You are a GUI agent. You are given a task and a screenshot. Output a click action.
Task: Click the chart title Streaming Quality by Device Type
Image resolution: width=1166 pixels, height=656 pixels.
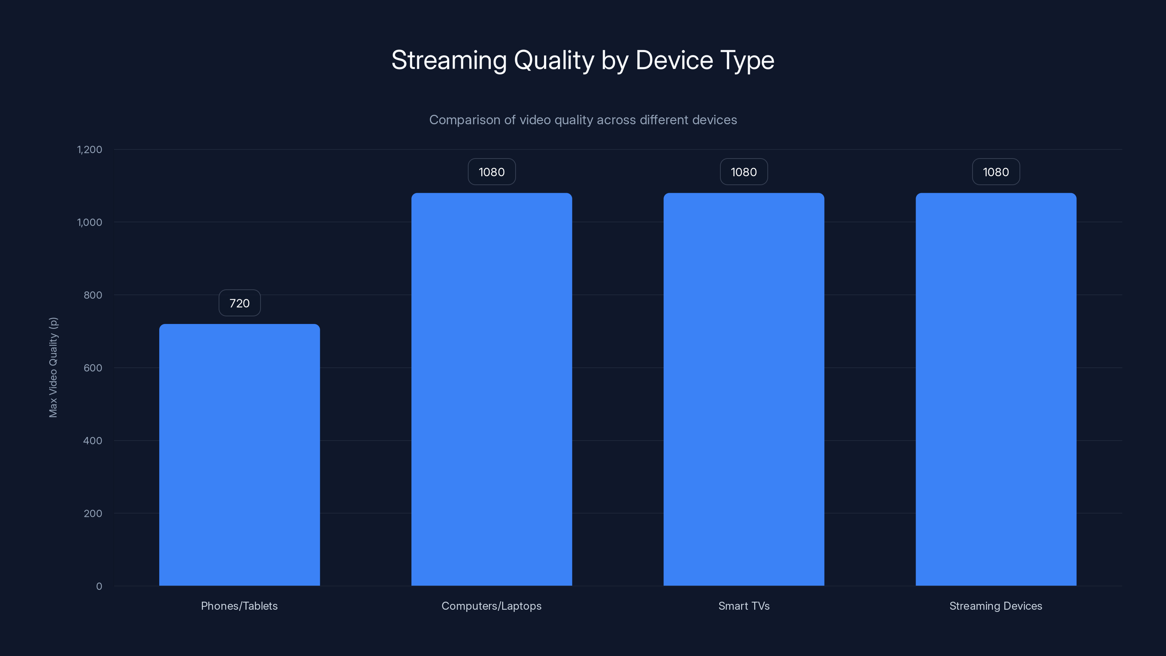[x=583, y=60]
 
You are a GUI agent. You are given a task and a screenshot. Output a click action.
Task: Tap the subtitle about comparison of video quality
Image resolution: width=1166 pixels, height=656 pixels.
[x=583, y=120]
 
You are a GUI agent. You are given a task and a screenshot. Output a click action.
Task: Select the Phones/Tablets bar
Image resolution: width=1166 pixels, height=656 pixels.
[x=239, y=454]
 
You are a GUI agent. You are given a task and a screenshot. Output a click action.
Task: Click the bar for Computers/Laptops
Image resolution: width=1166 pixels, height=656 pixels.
[x=492, y=389]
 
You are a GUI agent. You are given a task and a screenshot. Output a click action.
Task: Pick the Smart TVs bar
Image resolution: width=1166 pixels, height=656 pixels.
[x=744, y=389]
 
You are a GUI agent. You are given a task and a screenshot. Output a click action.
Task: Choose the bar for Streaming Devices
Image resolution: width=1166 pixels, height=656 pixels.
[x=996, y=389]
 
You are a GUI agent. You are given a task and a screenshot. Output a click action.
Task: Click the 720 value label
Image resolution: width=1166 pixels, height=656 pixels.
[x=239, y=303]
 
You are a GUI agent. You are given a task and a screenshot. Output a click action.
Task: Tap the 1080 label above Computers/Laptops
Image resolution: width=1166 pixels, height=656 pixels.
[x=492, y=172]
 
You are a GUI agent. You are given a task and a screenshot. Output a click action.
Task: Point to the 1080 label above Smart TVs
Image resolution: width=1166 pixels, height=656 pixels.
[x=744, y=172]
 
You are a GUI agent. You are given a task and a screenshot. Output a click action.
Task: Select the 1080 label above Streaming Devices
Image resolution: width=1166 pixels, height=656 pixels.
[x=996, y=172]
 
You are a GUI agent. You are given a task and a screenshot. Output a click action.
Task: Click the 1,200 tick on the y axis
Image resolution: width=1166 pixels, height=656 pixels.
[x=90, y=150]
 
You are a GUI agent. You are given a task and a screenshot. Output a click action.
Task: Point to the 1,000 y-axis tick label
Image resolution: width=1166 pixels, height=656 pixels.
[x=90, y=222]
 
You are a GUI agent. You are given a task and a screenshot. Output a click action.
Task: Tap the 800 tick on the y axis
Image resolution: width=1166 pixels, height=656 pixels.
[x=93, y=295]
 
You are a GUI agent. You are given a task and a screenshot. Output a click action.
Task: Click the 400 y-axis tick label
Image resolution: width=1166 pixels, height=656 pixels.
[x=93, y=441]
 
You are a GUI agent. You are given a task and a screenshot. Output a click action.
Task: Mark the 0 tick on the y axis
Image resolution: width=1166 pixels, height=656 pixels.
[x=99, y=586]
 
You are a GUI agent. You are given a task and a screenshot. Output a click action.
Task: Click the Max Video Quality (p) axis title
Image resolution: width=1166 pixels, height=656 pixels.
[x=54, y=367]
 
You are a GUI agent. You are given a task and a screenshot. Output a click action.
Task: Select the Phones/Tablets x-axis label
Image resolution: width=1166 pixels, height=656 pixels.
[x=239, y=606]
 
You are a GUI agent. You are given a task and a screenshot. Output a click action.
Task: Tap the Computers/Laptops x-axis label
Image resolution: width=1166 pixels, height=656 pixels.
[x=492, y=606]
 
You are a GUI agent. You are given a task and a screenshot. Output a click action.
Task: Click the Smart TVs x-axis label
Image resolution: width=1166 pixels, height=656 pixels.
[x=744, y=606]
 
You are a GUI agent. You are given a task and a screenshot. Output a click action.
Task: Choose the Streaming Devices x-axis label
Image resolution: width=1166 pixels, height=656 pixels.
[x=996, y=606]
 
